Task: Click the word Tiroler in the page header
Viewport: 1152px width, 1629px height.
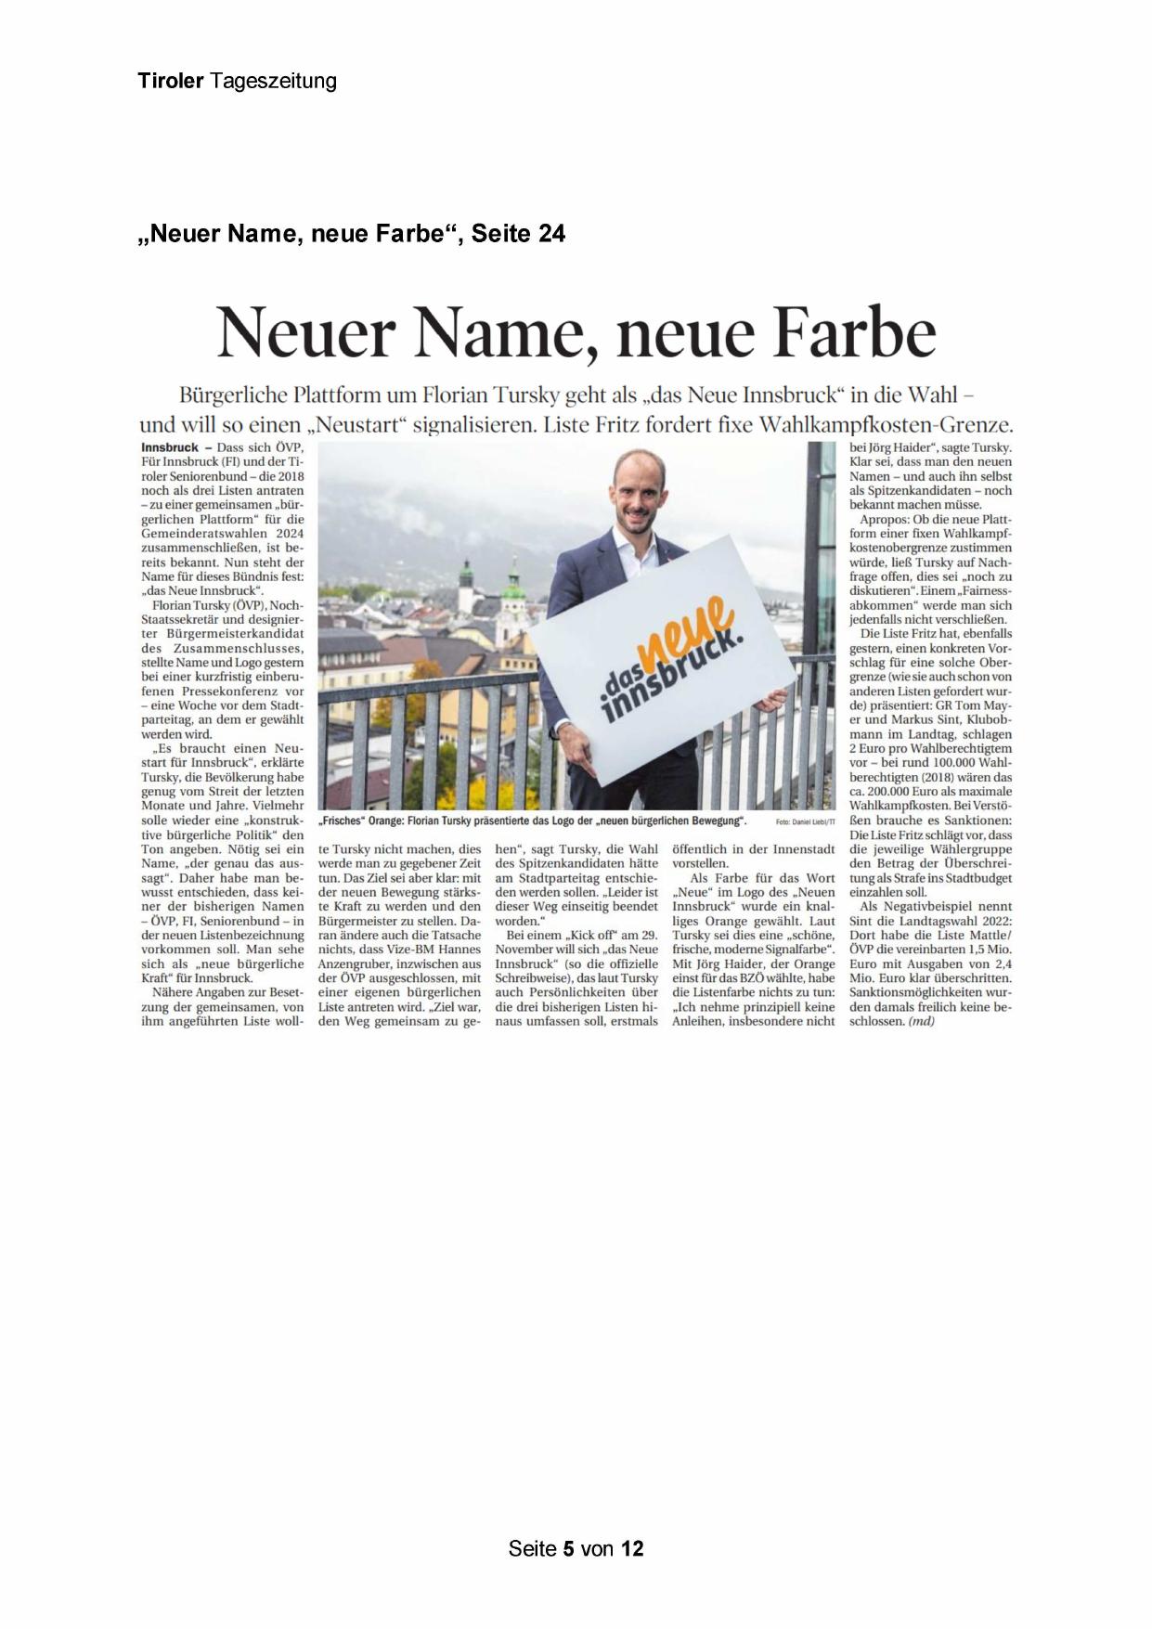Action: tap(170, 81)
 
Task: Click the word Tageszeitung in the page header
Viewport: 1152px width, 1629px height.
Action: tap(273, 82)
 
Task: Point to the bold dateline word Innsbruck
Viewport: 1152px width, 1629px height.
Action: tap(171, 447)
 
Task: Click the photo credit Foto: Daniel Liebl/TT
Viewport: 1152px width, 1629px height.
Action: tap(804, 822)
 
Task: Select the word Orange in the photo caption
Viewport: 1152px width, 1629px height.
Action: tap(408, 822)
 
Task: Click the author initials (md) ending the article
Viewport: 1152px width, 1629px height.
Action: tap(922, 1021)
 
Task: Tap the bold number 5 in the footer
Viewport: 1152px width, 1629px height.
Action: tap(568, 1548)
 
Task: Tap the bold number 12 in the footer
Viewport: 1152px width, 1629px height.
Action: tap(632, 1548)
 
